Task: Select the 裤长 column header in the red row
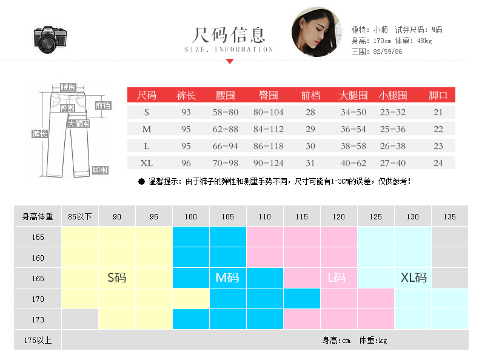(186, 95)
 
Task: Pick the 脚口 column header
(438, 95)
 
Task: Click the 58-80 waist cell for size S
(226, 112)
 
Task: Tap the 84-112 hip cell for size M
(268, 129)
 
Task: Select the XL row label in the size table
(147, 163)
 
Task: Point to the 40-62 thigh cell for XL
(353, 163)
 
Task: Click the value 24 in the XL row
(438, 163)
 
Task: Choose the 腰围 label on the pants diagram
(68, 87)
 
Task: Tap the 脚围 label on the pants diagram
(100, 170)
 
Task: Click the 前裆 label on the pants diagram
(103, 105)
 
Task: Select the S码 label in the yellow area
(117, 278)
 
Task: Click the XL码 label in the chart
(414, 278)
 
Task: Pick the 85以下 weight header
(80, 216)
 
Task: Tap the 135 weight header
(449, 216)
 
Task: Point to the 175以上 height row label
(38, 340)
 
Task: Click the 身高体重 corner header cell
(38, 216)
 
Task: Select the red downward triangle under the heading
(229, 61)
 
